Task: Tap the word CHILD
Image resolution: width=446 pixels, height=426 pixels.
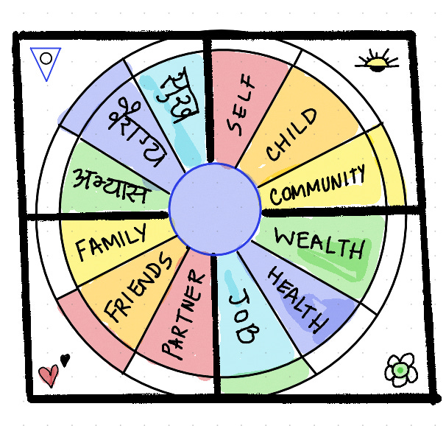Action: pos(293,134)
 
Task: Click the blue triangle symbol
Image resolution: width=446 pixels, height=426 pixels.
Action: pos(46,62)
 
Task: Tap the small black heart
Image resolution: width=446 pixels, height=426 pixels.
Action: pos(65,360)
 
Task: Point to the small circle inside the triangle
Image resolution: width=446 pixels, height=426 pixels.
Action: pos(46,57)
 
